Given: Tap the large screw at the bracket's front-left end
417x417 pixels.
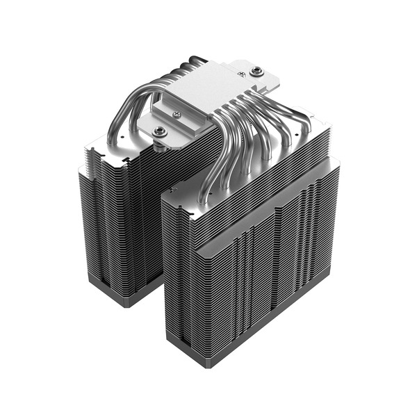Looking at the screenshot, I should [x=160, y=130].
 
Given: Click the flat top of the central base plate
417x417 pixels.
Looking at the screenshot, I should [x=202, y=87].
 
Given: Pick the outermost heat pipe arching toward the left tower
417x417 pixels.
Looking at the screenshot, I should [x=122, y=111].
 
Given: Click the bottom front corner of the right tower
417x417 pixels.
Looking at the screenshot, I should [x=169, y=341].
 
